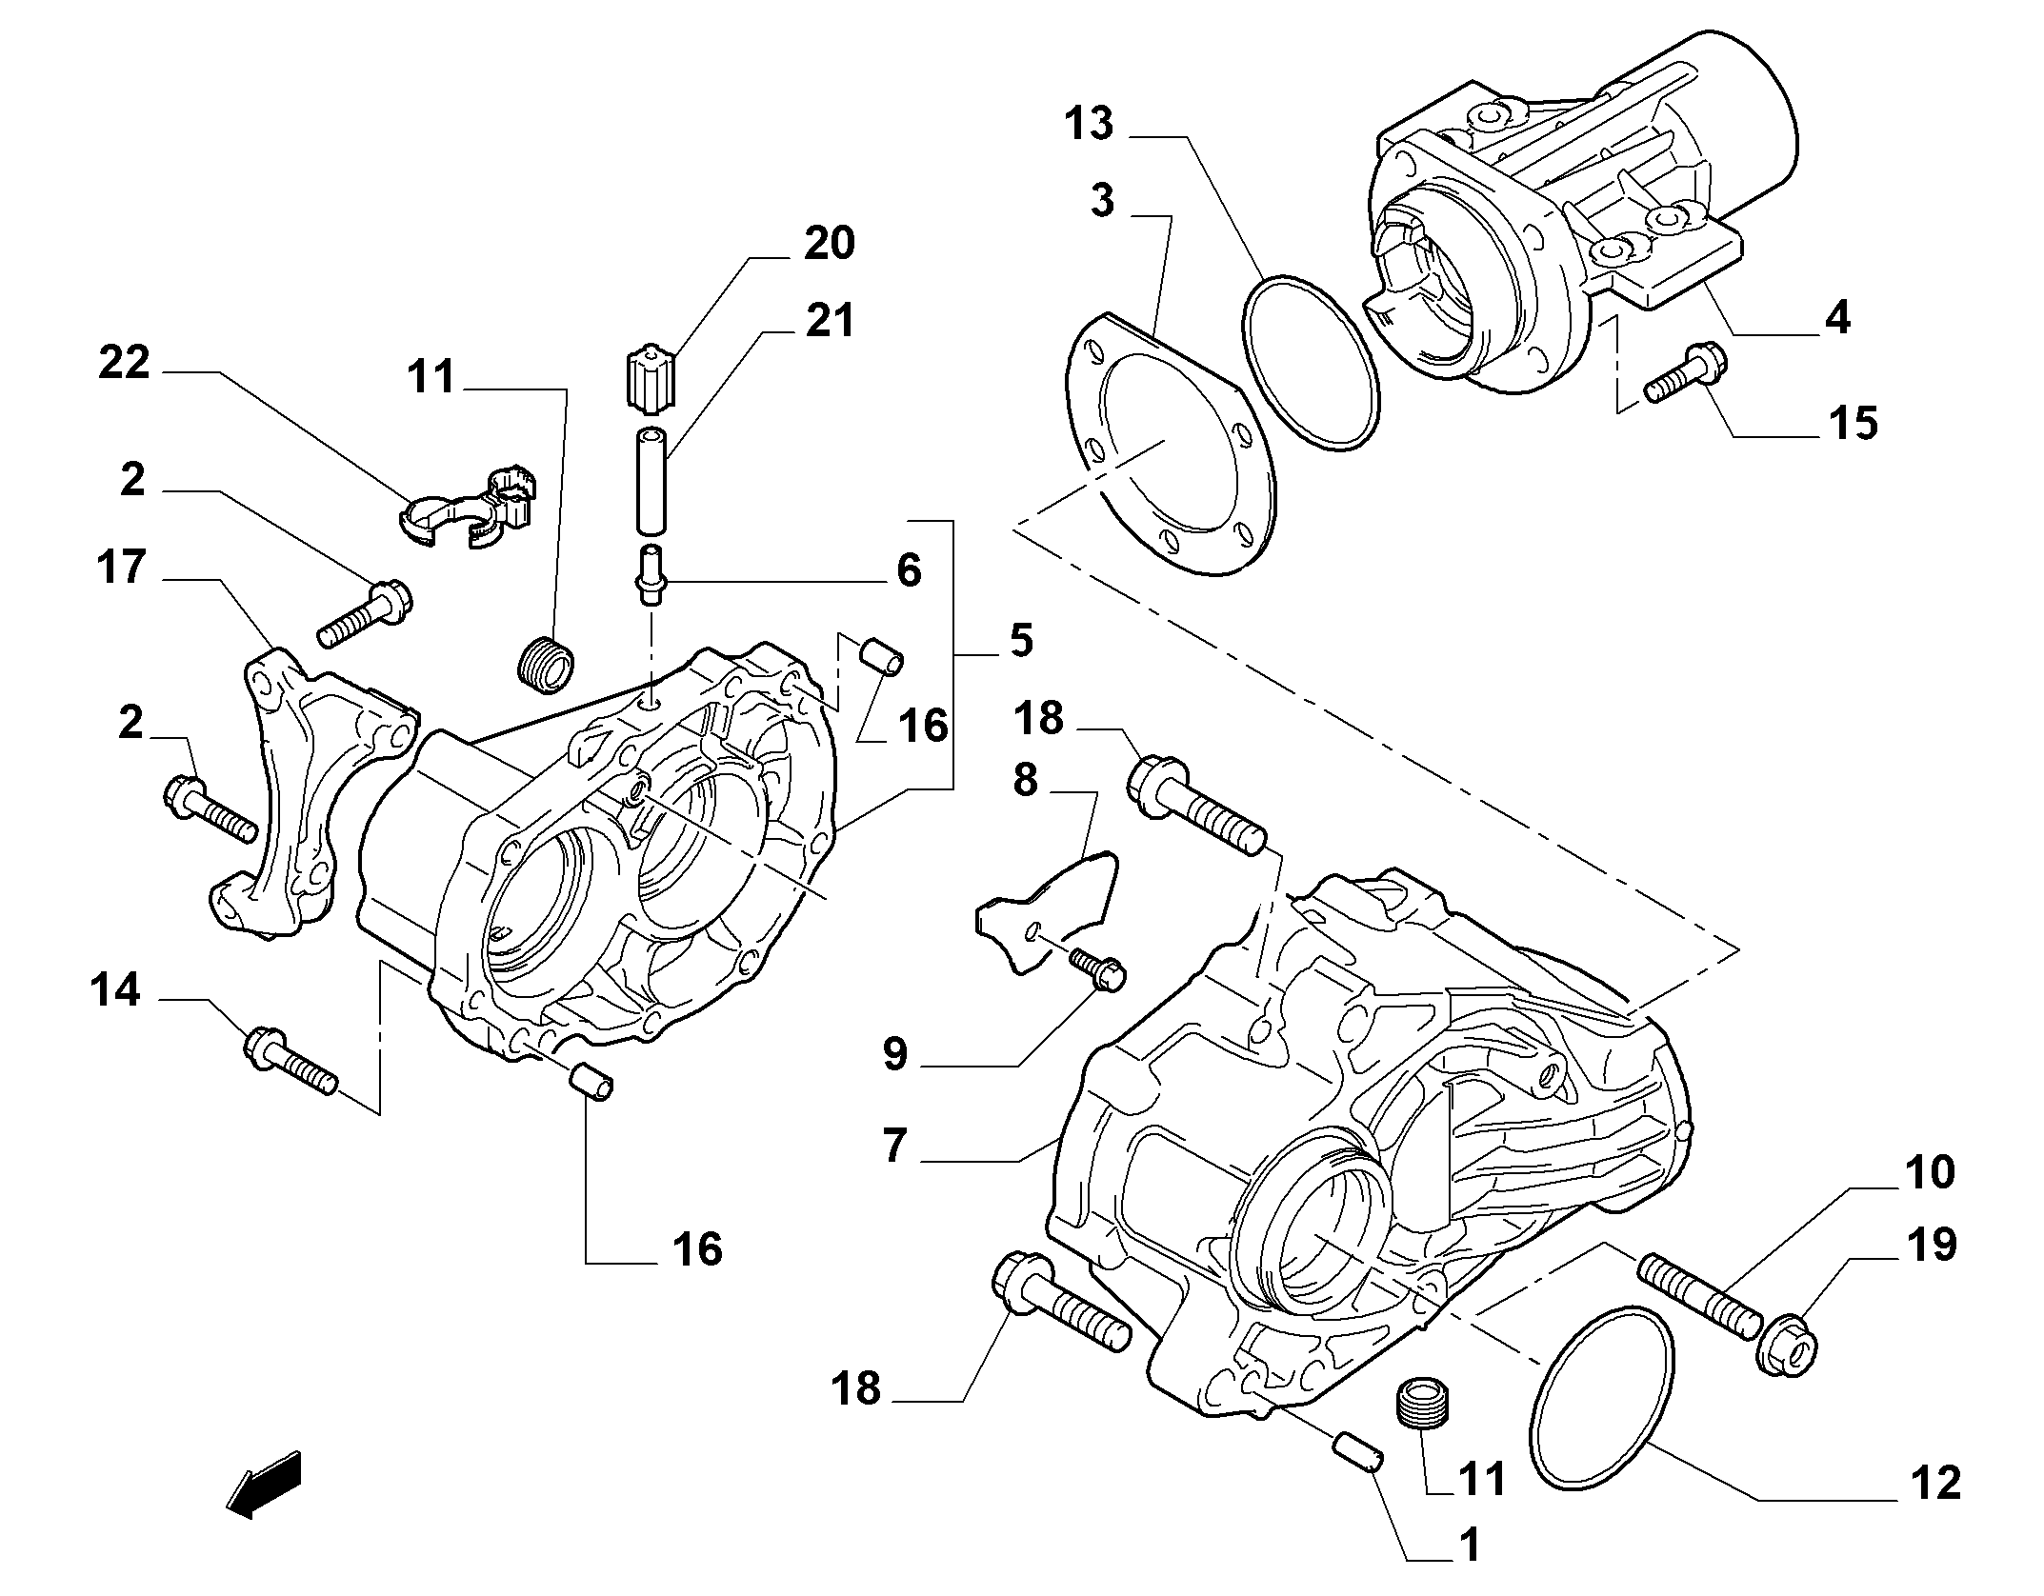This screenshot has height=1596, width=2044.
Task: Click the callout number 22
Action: point(125,364)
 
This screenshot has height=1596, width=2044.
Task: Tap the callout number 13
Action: point(1089,125)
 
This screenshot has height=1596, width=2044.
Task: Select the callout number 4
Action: point(1837,316)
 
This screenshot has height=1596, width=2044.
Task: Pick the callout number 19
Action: point(1933,1245)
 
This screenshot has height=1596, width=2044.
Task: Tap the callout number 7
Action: point(894,1146)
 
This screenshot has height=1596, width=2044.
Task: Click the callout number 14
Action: point(115,990)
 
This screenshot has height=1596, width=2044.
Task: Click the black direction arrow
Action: point(264,1484)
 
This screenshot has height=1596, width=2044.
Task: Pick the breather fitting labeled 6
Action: point(650,575)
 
